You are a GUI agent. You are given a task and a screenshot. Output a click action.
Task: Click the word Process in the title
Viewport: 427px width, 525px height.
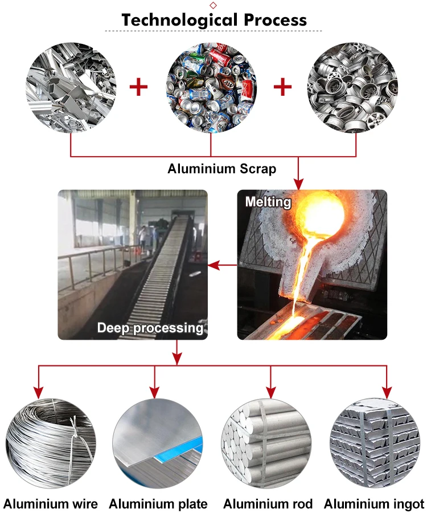(275, 19)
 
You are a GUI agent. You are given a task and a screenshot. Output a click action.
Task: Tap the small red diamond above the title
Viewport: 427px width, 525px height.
(213, 5)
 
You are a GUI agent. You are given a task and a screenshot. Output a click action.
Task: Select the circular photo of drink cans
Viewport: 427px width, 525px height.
(212, 88)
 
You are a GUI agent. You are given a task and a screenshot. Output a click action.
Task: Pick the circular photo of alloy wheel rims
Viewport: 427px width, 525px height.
(352, 88)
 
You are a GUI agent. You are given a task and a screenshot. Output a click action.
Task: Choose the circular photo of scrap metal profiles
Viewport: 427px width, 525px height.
(71, 88)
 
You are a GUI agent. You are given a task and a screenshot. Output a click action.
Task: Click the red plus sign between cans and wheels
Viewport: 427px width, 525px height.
(283, 87)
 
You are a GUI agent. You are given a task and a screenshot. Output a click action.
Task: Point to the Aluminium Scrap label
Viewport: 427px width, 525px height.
(221, 169)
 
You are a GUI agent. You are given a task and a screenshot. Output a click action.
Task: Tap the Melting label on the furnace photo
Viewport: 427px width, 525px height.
(268, 201)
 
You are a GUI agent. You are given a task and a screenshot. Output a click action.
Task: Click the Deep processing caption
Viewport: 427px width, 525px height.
(150, 328)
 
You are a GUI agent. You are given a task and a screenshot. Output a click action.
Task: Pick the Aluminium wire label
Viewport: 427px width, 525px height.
(51, 504)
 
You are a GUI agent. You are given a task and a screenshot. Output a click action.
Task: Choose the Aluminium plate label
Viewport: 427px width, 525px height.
(158, 504)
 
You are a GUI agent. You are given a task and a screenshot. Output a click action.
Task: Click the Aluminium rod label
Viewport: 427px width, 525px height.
(268, 504)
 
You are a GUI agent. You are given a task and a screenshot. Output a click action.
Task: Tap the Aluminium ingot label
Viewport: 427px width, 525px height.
(374, 504)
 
